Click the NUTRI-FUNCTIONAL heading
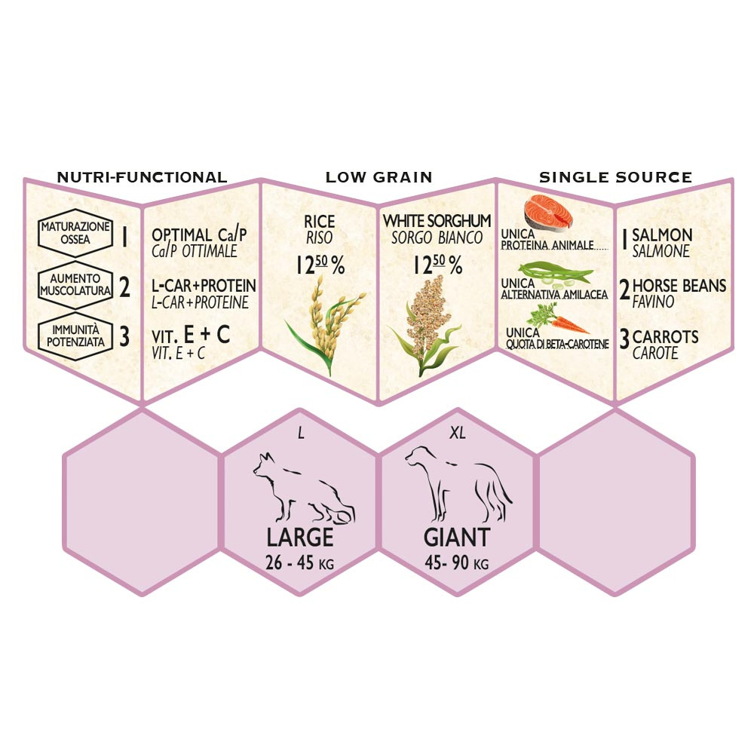pyautogui.click(x=142, y=177)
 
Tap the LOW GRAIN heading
pyautogui.click(x=379, y=177)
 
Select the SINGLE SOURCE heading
pyautogui.click(x=615, y=177)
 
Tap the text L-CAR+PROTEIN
pyautogui.click(x=204, y=287)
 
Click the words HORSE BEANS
pyautogui.click(x=679, y=286)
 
